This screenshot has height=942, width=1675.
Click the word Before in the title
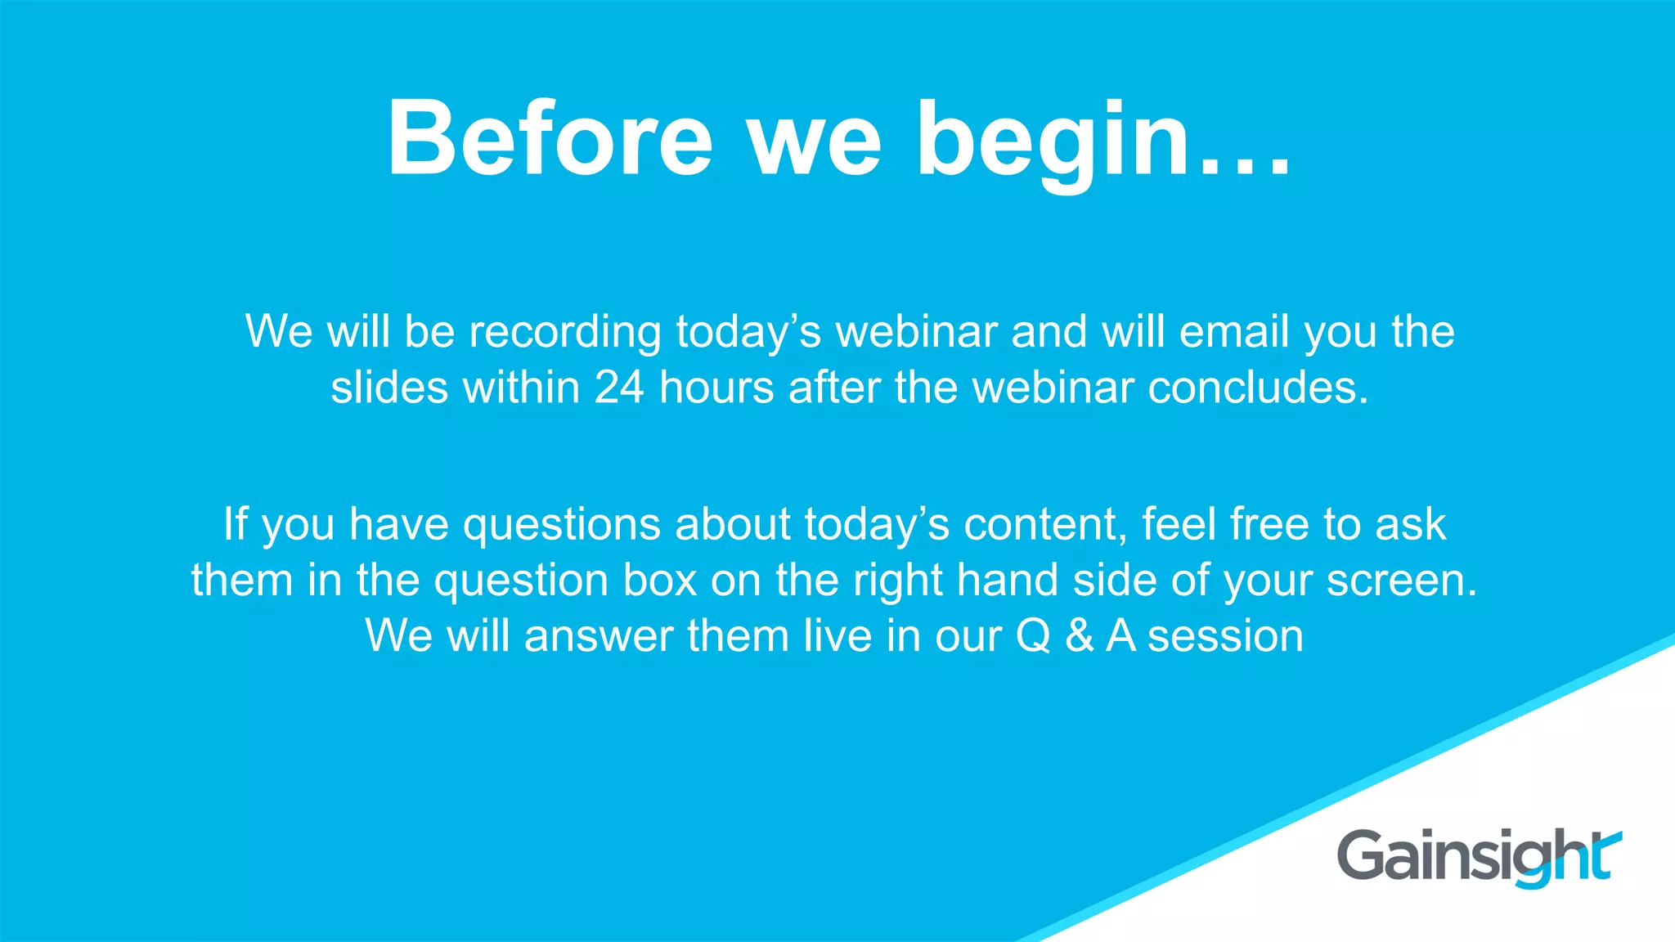(550, 139)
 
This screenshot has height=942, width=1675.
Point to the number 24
(619, 388)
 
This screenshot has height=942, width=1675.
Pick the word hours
(716, 388)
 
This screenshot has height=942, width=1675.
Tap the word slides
(389, 388)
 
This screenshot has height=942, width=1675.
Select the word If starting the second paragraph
(235, 524)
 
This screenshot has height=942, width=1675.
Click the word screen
(1401, 581)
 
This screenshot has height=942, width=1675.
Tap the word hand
(1008, 580)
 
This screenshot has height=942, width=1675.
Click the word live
(837, 635)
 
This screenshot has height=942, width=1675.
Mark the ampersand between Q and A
(1080, 636)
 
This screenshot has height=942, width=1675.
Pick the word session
(1225, 636)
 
